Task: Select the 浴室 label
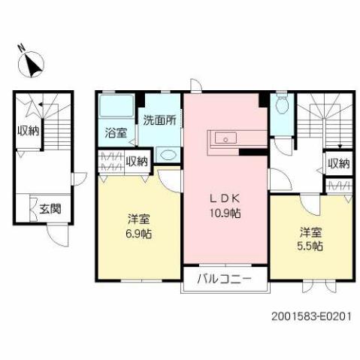coord(115,133)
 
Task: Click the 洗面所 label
coord(159,119)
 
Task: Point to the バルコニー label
coord(223,280)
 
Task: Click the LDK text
coord(224,200)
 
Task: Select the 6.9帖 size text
coord(138,233)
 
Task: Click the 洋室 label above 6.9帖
coord(138,219)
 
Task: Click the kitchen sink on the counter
coord(225,138)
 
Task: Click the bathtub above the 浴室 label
coord(116,108)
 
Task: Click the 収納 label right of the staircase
coord(337,163)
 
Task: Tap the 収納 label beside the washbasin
coord(137,160)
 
